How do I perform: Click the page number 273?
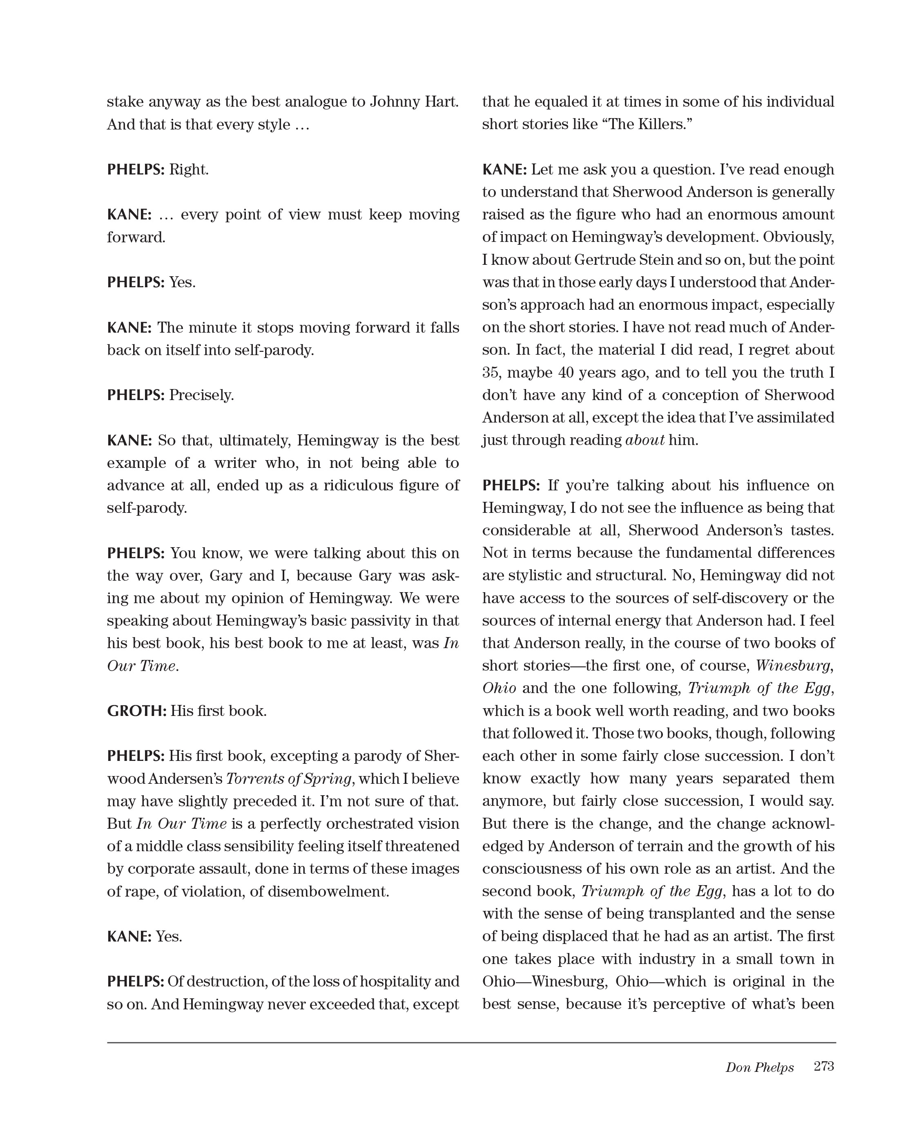pyautogui.click(x=824, y=1066)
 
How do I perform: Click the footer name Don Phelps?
pyautogui.click(x=759, y=1067)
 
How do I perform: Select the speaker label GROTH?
pyautogui.click(x=136, y=711)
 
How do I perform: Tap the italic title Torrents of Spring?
pyautogui.click(x=288, y=778)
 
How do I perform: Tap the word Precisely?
pyautogui.click(x=201, y=395)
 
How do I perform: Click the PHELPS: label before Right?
pyautogui.click(x=136, y=170)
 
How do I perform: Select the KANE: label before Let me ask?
pyautogui.click(x=504, y=170)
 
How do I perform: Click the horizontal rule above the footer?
pyautogui.click(x=471, y=1042)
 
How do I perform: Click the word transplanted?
pyautogui.click(x=693, y=914)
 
